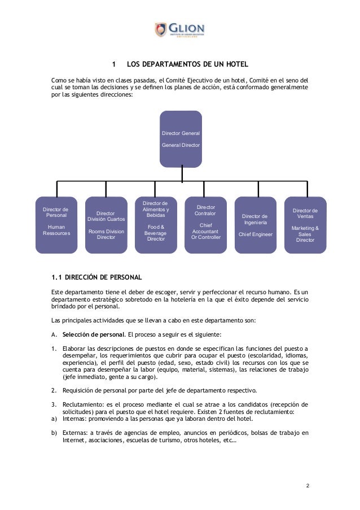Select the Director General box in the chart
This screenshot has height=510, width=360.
[181, 139]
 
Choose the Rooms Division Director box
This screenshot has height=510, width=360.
[106, 225]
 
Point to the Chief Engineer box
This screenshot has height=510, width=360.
[255, 225]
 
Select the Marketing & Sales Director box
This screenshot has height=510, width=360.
[305, 225]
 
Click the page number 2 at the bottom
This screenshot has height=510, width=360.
[308, 485]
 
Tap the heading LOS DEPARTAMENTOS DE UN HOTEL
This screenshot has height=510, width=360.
[187, 64]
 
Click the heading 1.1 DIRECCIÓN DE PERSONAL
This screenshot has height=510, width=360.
[96, 277]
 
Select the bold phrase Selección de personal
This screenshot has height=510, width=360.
[87, 333]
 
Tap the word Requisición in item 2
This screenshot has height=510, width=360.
[80, 390]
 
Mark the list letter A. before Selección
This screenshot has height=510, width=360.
[54, 333]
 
